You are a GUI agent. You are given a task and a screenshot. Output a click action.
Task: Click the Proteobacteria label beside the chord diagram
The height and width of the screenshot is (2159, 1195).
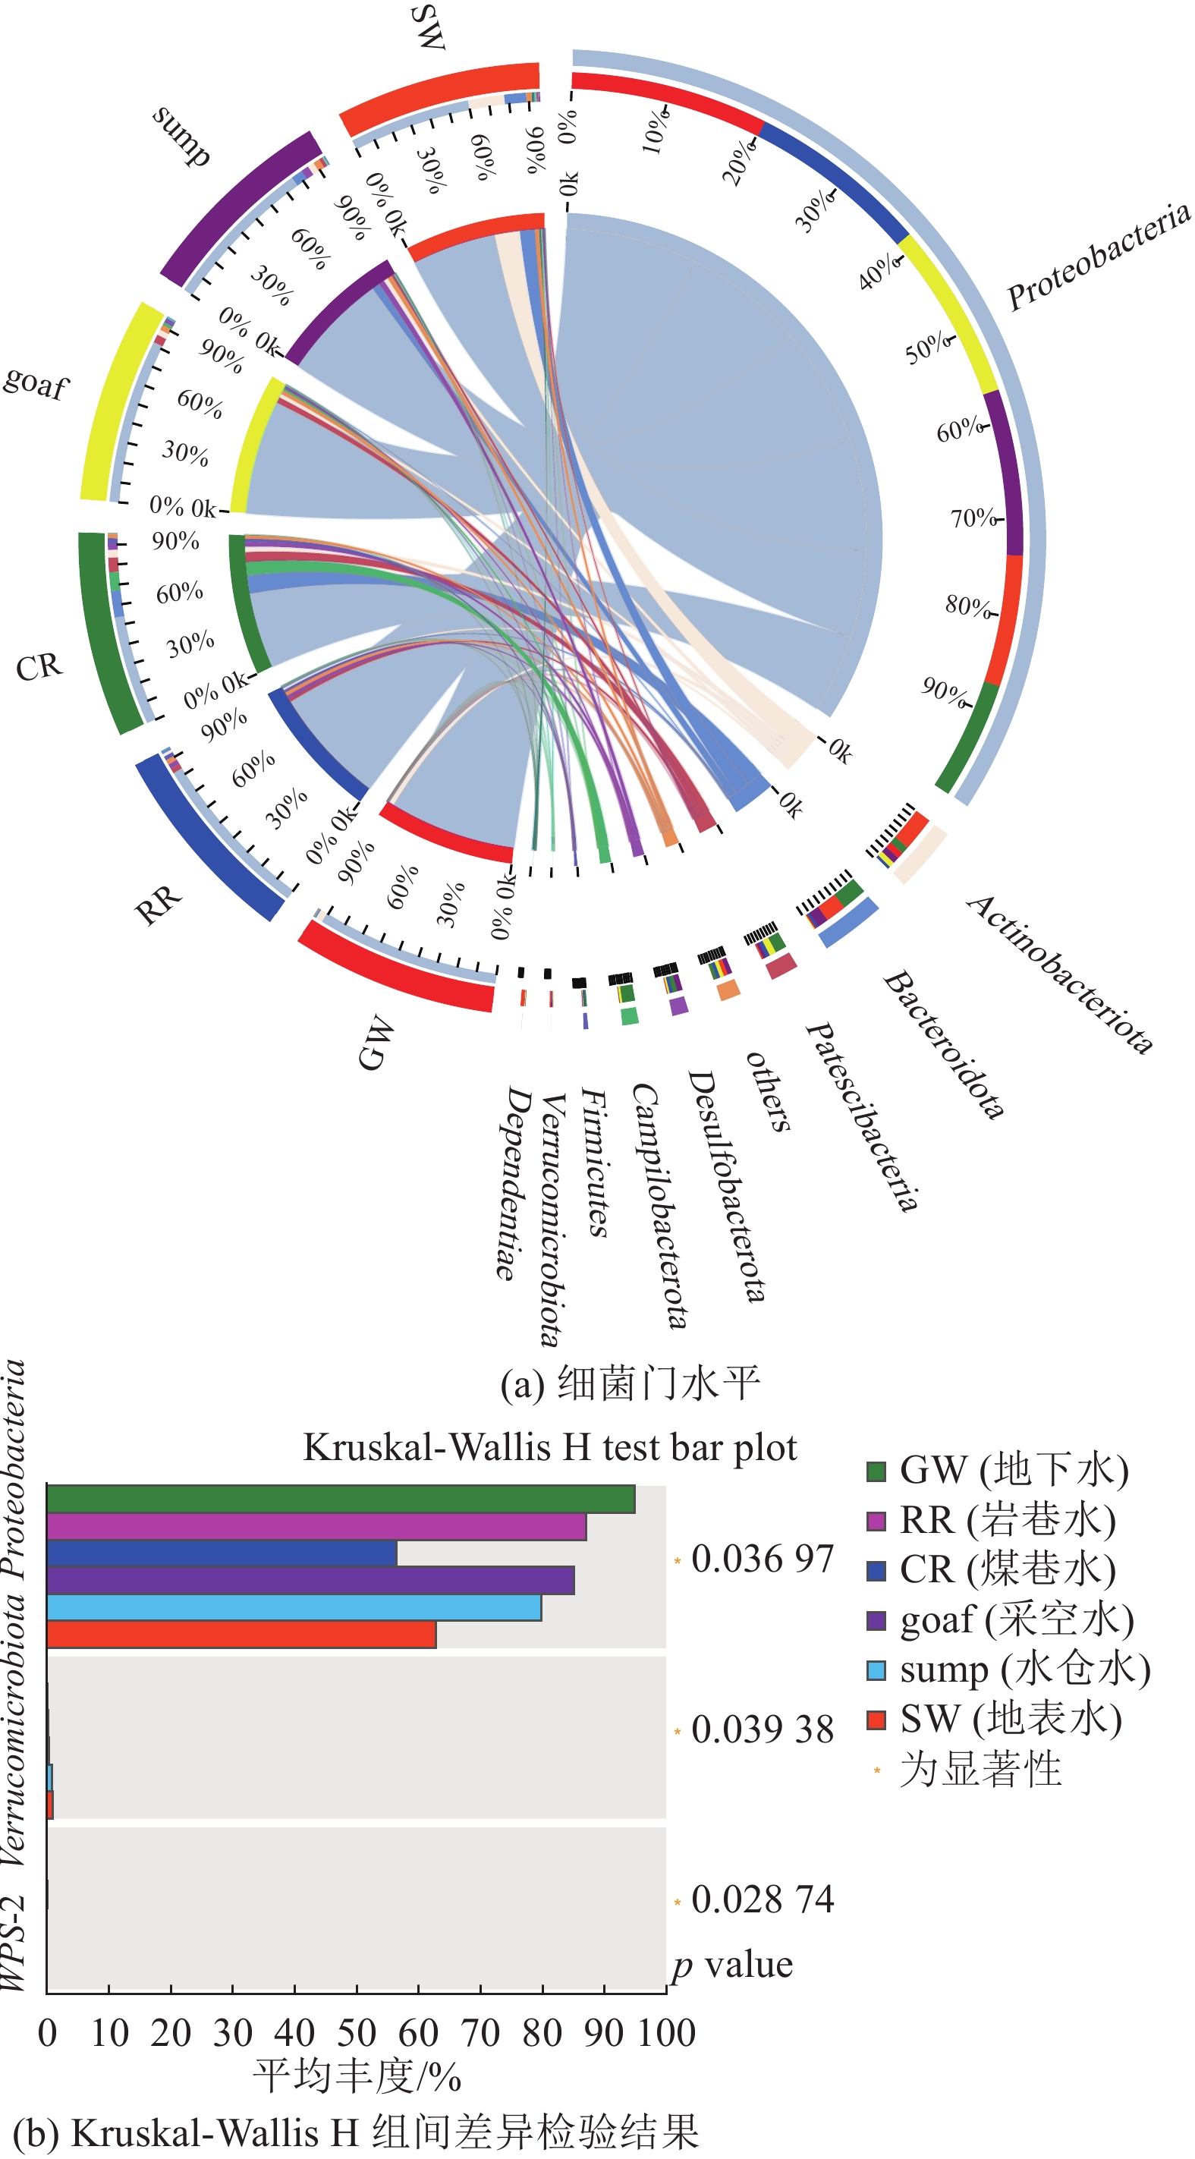[x=1098, y=256]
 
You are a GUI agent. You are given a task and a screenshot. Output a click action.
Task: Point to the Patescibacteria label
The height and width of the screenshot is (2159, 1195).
[x=863, y=1116]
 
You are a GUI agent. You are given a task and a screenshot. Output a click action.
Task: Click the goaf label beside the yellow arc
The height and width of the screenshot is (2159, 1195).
[x=35, y=383]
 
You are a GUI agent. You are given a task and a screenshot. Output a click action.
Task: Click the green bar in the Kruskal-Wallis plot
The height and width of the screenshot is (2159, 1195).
[x=340, y=1500]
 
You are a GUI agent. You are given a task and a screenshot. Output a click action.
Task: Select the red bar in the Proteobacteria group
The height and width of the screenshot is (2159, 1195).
[x=241, y=1635]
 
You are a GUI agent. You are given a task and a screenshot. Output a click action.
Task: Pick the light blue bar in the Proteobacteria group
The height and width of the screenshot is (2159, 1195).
[x=294, y=1607]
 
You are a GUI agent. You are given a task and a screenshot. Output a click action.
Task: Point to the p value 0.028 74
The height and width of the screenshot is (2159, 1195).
[x=762, y=1899]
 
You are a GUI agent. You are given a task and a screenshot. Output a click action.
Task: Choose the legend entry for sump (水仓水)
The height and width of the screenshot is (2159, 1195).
[x=1009, y=1670]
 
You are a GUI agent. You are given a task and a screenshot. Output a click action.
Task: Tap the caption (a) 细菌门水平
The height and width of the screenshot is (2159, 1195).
[x=631, y=1383]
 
